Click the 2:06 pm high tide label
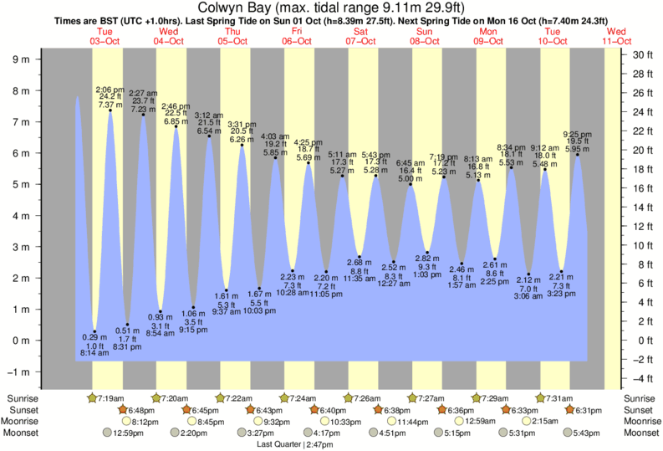(x=109, y=89)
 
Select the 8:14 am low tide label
(x=93, y=354)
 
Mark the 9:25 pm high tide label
(x=577, y=133)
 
